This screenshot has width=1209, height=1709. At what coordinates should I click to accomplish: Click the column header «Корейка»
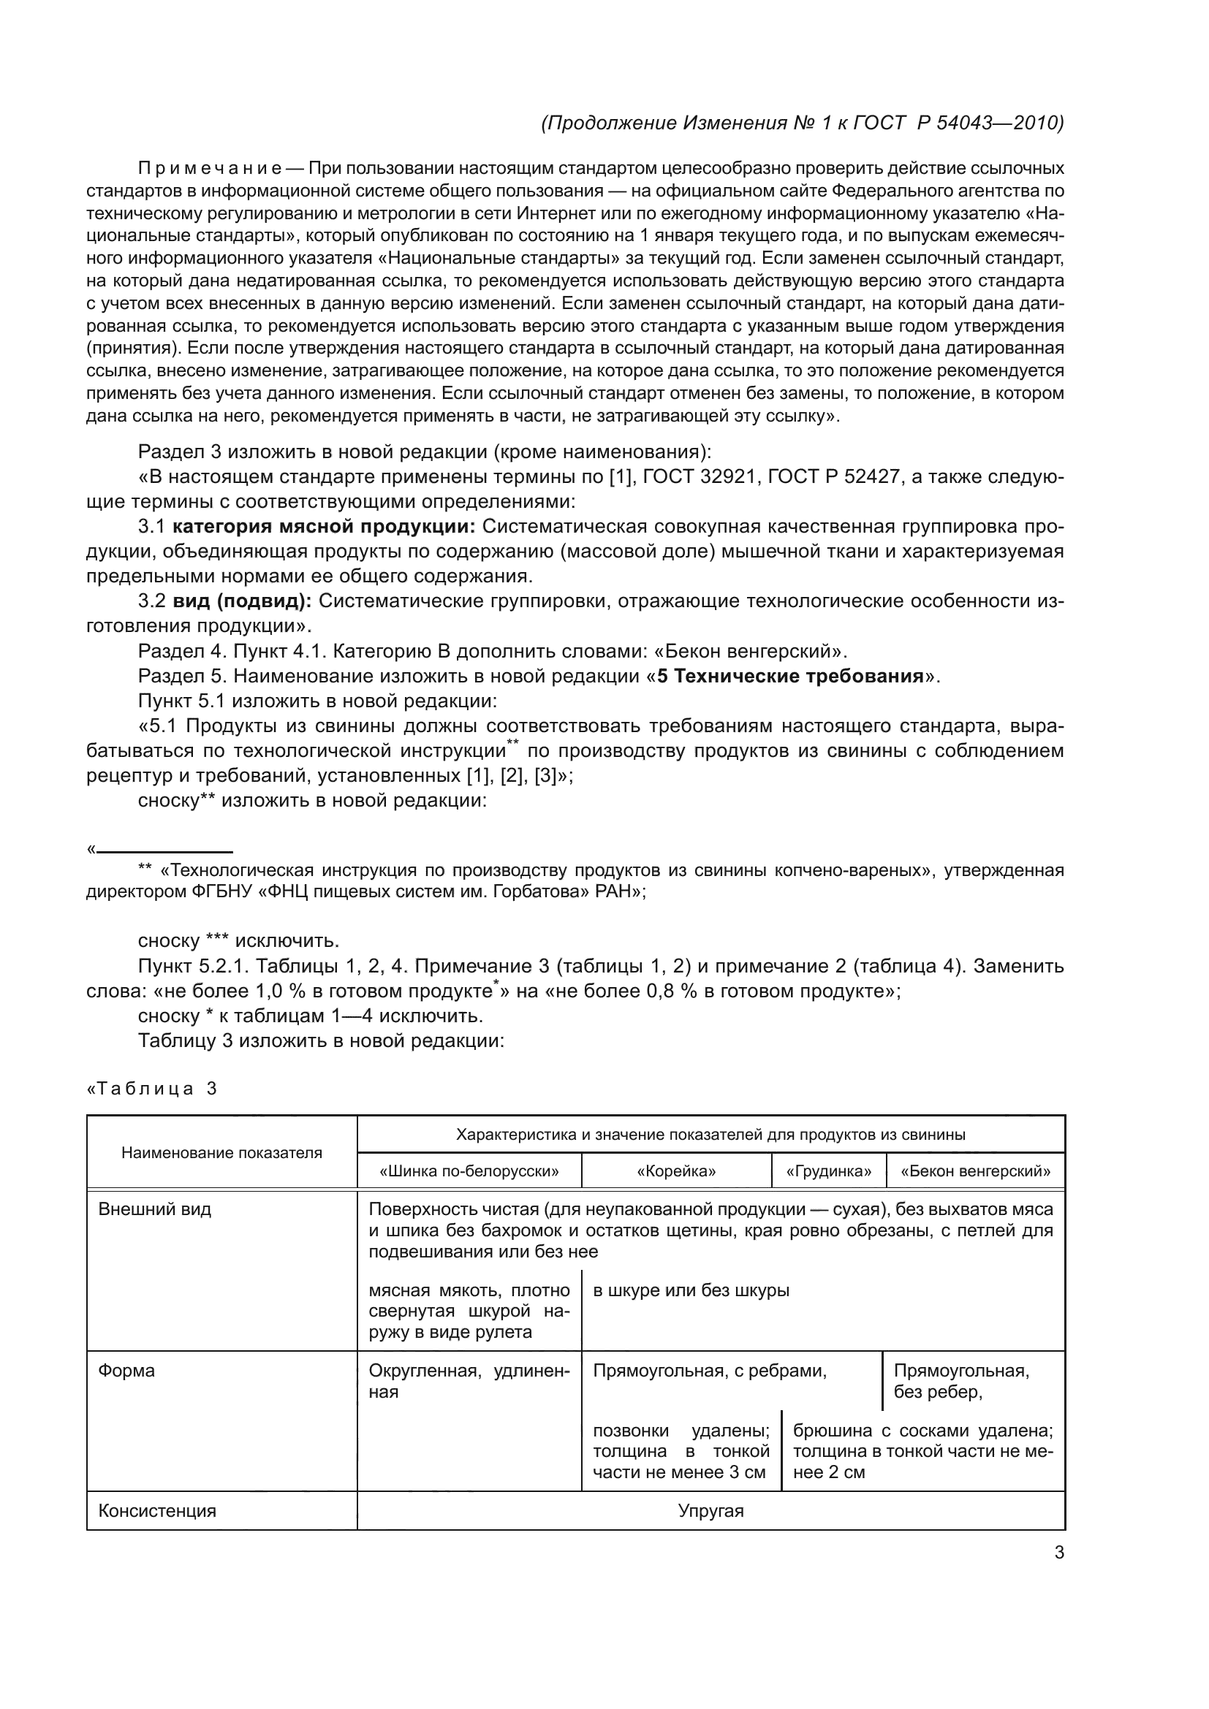676,1171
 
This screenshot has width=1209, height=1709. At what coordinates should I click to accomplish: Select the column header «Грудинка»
829,1171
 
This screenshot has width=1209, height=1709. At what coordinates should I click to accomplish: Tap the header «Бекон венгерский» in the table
975,1171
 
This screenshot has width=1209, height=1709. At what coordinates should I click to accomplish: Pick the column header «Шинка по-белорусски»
469,1171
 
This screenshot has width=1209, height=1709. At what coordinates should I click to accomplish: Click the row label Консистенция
157,1510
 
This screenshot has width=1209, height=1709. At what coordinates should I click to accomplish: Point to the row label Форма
126,1370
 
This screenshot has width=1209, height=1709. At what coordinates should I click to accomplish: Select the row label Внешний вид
155,1209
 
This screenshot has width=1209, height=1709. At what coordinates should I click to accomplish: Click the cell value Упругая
710,1510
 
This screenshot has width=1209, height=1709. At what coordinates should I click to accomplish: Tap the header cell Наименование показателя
222,1153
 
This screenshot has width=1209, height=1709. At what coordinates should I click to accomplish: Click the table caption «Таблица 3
153,1089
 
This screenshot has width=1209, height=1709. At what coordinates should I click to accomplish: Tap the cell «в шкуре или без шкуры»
691,1290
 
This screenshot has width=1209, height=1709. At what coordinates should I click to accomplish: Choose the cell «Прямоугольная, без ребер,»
961,1381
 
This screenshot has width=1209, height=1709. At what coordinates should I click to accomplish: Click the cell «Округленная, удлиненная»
469,1381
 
